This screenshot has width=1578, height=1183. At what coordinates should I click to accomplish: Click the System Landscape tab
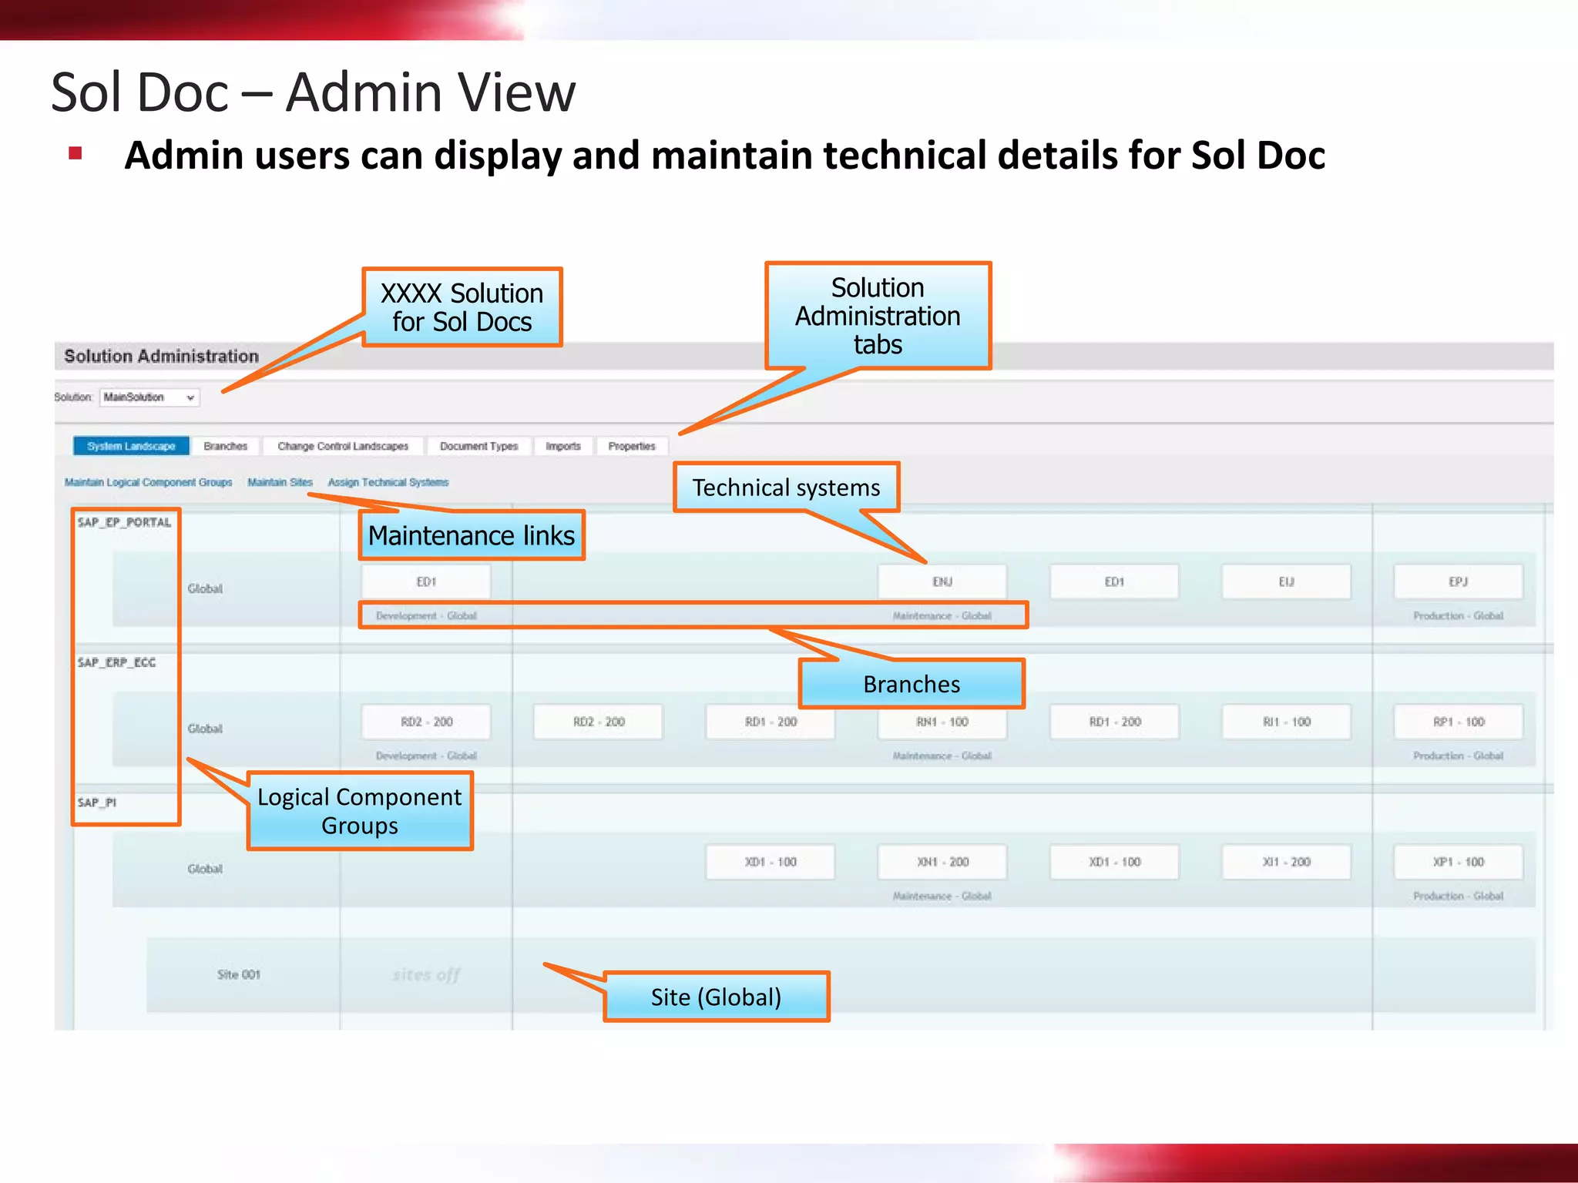[x=131, y=446]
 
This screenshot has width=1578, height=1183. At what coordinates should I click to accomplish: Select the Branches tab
[x=225, y=446]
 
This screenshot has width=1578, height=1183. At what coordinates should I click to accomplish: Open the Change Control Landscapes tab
[x=343, y=446]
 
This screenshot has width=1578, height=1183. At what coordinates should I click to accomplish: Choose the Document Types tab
[x=478, y=446]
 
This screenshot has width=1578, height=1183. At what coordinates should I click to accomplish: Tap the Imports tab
[x=563, y=446]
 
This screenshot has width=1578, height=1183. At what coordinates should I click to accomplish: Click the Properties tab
[x=632, y=446]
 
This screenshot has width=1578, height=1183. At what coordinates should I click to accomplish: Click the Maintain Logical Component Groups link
[x=149, y=482]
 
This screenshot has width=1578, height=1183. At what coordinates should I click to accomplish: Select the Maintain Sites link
[x=280, y=482]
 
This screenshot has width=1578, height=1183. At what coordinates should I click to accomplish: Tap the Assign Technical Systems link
[x=388, y=482]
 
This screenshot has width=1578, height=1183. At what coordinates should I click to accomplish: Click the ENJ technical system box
[x=942, y=581]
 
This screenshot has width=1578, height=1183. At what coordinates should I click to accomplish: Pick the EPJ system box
[x=1458, y=581]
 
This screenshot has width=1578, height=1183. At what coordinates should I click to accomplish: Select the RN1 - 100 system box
[x=942, y=722]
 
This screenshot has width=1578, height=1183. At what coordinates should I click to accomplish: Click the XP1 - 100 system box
[x=1458, y=862]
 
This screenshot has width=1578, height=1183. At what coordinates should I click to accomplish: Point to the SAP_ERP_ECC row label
[x=116, y=662]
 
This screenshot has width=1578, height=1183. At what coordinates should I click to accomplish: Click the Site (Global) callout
[x=717, y=997]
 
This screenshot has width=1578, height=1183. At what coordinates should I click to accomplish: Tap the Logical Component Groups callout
[x=360, y=811]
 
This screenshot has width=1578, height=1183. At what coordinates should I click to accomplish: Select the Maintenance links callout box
[x=472, y=535]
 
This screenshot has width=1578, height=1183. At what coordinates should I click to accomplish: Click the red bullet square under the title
[x=76, y=153]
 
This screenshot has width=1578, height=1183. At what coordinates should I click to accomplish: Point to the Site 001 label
[x=239, y=974]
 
